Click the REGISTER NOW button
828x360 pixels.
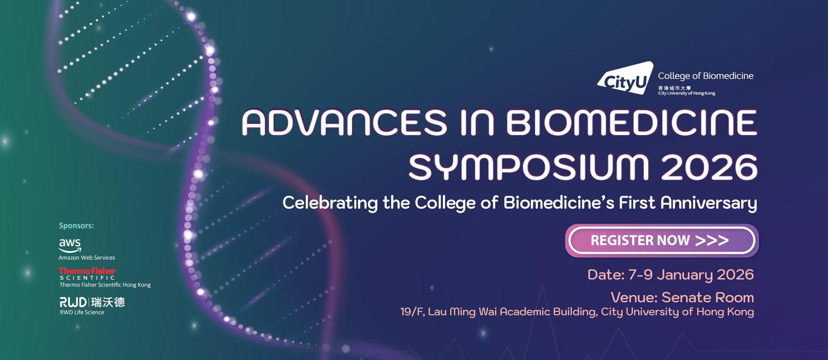pos(662,241)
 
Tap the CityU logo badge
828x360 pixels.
pos(626,78)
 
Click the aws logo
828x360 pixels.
pos(70,245)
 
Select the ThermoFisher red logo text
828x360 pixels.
pos(87,271)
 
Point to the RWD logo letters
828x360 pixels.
pos(73,302)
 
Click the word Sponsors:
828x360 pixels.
pos(76,225)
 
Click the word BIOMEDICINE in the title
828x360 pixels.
pos(631,122)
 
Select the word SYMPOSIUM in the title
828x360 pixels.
pos(529,167)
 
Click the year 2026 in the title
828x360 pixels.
pos(709,167)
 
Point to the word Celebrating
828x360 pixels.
pos(330,203)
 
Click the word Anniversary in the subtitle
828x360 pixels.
pos(709,203)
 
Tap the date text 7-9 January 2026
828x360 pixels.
pos(691,275)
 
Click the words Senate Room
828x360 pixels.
pos(708,297)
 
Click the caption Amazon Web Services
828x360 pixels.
pos(87,258)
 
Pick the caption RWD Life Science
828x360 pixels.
pos(82,313)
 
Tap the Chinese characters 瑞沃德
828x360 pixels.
pos(108,302)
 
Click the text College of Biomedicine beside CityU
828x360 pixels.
pos(706,76)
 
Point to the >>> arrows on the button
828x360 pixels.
pos(712,241)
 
